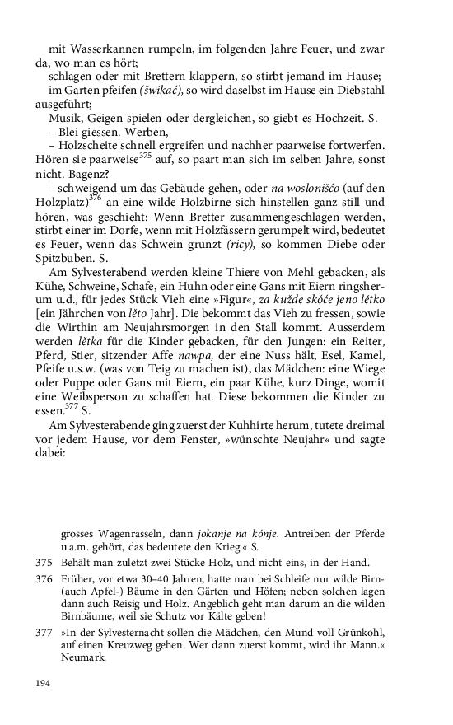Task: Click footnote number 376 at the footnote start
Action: pyautogui.click(x=44, y=579)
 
